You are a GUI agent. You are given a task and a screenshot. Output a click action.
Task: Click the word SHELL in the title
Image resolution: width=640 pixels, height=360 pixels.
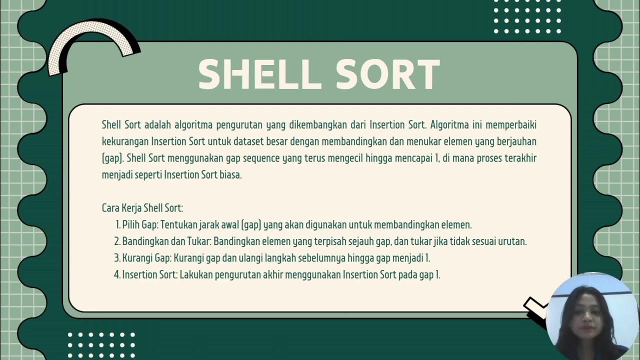[259, 74]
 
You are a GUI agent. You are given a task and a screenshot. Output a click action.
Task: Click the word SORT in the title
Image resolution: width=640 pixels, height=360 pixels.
[387, 74]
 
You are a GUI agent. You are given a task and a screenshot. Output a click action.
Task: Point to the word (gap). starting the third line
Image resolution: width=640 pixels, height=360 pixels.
[112, 159]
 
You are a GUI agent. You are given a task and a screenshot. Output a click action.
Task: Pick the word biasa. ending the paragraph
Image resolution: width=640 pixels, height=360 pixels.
[230, 175]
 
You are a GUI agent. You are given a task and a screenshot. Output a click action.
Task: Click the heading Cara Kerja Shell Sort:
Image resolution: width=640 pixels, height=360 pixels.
[142, 207]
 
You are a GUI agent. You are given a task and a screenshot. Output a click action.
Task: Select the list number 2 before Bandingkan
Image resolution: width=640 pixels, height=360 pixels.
[117, 241]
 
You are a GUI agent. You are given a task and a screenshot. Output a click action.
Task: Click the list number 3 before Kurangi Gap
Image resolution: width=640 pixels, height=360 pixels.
[117, 258]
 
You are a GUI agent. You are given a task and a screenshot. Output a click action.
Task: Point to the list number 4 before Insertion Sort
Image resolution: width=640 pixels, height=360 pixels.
[117, 274]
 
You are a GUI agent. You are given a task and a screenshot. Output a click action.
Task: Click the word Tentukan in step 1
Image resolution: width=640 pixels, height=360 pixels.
[178, 224]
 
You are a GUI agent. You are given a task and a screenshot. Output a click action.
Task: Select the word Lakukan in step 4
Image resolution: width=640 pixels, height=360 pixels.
[196, 274]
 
